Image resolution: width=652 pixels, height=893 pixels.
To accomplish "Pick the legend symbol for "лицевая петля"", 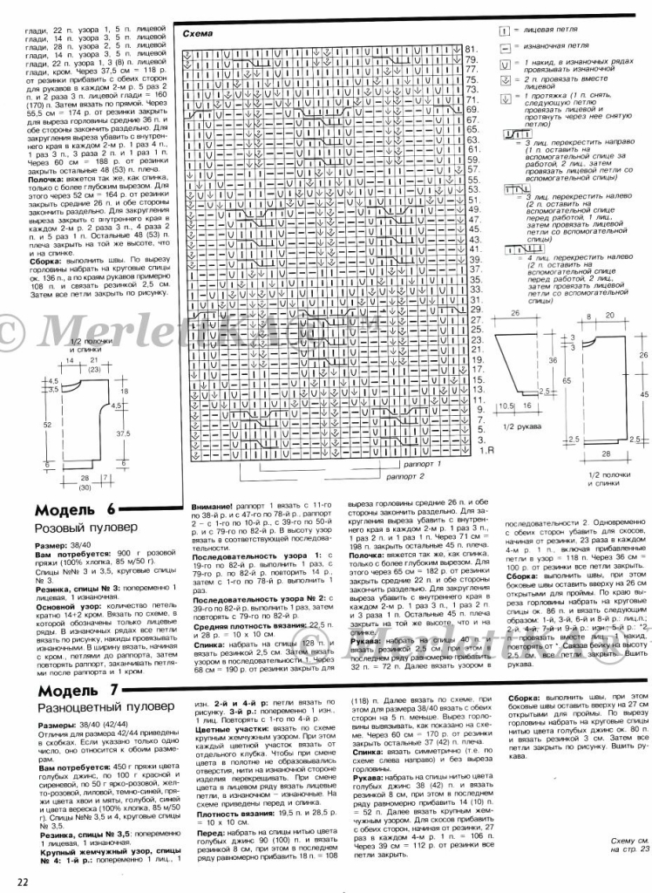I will (504, 30).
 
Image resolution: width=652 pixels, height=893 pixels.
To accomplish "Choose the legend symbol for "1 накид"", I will (504, 62).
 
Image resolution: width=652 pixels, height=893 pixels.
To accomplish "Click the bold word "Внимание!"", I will (213, 506).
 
